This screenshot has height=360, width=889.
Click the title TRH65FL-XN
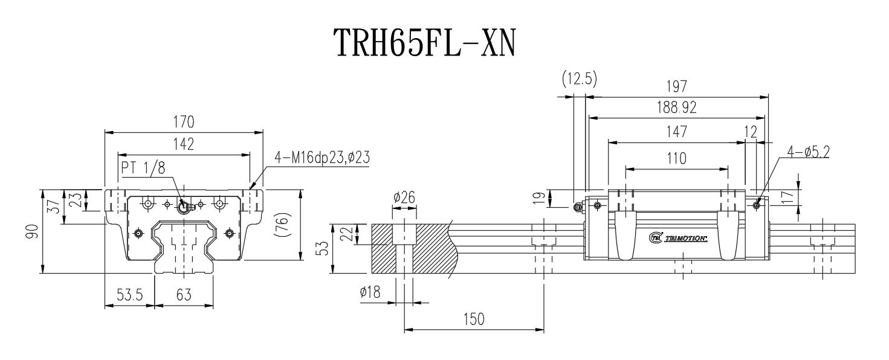(425, 43)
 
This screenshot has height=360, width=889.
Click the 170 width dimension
(184, 122)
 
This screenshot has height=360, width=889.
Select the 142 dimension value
(184, 144)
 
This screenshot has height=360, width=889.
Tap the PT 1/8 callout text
(143, 168)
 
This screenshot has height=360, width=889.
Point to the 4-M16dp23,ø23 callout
(322, 158)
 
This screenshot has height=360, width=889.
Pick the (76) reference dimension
(283, 225)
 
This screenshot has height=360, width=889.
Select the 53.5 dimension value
(130, 295)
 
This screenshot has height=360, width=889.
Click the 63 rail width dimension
(184, 295)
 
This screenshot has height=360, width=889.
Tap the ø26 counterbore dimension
(404, 197)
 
